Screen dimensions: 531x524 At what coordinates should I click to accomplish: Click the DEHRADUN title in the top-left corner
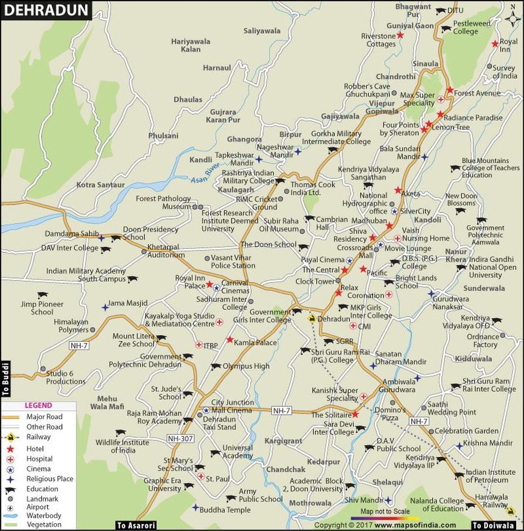click(x=45, y=10)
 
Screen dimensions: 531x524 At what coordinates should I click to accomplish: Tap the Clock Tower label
click(x=315, y=281)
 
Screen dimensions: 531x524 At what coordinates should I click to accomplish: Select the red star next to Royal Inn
click(x=495, y=44)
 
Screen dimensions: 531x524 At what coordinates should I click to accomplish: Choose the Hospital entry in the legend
click(x=38, y=458)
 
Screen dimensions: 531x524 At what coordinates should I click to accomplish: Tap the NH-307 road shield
click(x=181, y=438)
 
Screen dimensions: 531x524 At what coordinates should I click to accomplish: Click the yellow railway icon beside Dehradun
click(x=311, y=319)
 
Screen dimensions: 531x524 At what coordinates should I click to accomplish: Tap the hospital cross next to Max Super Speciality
click(x=441, y=100)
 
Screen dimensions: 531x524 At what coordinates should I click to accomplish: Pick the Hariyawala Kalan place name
click(x=190, y=45)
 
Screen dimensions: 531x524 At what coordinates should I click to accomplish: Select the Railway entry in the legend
click(x=38, y=438)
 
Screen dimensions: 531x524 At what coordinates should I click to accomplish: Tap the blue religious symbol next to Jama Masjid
click(x=105, y=307)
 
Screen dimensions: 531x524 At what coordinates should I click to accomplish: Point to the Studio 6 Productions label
click(x=66, y=377)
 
